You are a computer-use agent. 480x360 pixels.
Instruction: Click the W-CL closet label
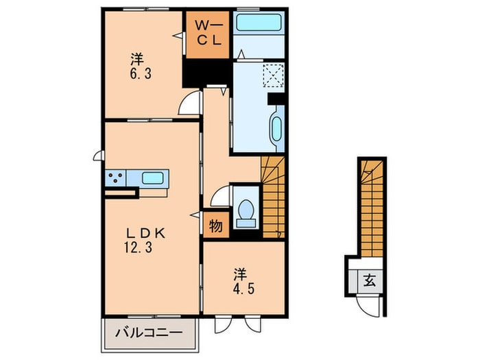coord(208,33)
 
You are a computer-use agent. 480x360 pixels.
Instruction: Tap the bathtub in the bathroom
coord(259,22)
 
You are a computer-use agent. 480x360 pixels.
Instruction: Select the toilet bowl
coord(245,210)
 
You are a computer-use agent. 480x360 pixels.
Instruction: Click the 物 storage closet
coord(216,226)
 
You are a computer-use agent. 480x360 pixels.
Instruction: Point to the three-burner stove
coord(115,178)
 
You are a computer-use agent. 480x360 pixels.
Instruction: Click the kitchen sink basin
coord(152,178)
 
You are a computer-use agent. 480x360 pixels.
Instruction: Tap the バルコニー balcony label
coord(149,332)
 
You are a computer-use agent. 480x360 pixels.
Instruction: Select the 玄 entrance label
coord(370,280)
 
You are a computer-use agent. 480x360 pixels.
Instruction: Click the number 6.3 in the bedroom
coord(141,74)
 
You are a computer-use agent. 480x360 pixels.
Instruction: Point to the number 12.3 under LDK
coord(138,247)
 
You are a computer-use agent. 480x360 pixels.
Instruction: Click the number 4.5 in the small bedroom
coord(244,289)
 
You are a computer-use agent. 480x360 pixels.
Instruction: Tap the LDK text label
coord(146,234)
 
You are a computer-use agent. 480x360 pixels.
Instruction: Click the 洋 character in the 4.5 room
coord(240,274)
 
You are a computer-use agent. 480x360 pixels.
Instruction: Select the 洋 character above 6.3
coord(137,59)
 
